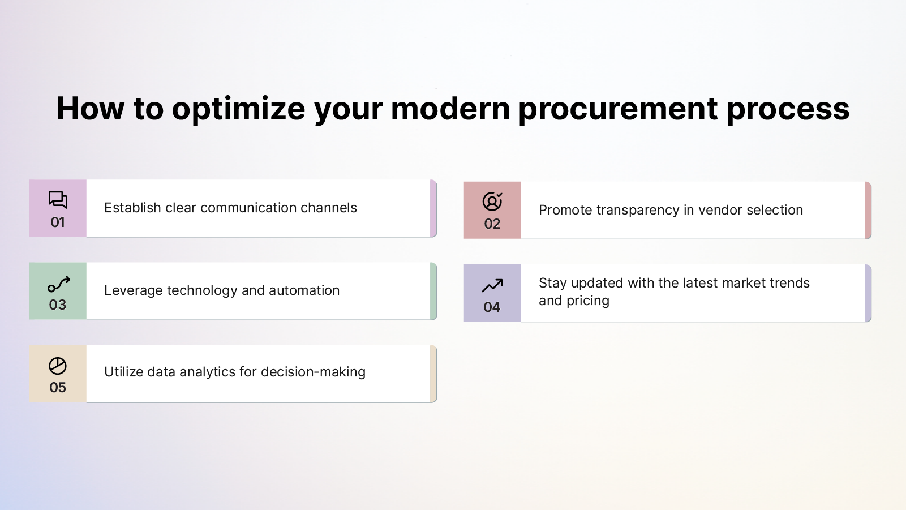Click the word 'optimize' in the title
[238, 109]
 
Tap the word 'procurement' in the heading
[618, 109]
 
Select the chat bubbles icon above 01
[58, 200]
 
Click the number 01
[58, 222]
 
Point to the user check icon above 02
[492, 202]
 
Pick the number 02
[492, 224]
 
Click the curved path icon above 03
[58, 284]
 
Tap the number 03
[58, 305]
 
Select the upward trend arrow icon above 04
[492, 285]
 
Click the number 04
[492, 307]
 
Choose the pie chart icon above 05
[58, 366]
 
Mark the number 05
[58, 388]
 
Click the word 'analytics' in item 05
[207, 372]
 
